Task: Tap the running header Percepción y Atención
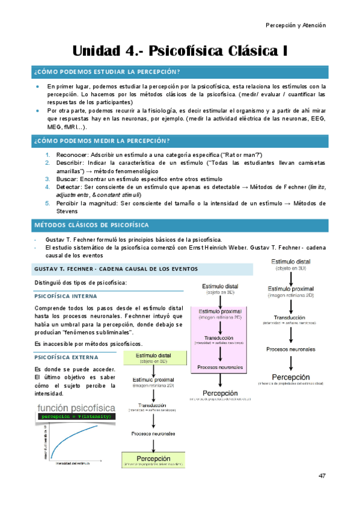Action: (x=295, y=25)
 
